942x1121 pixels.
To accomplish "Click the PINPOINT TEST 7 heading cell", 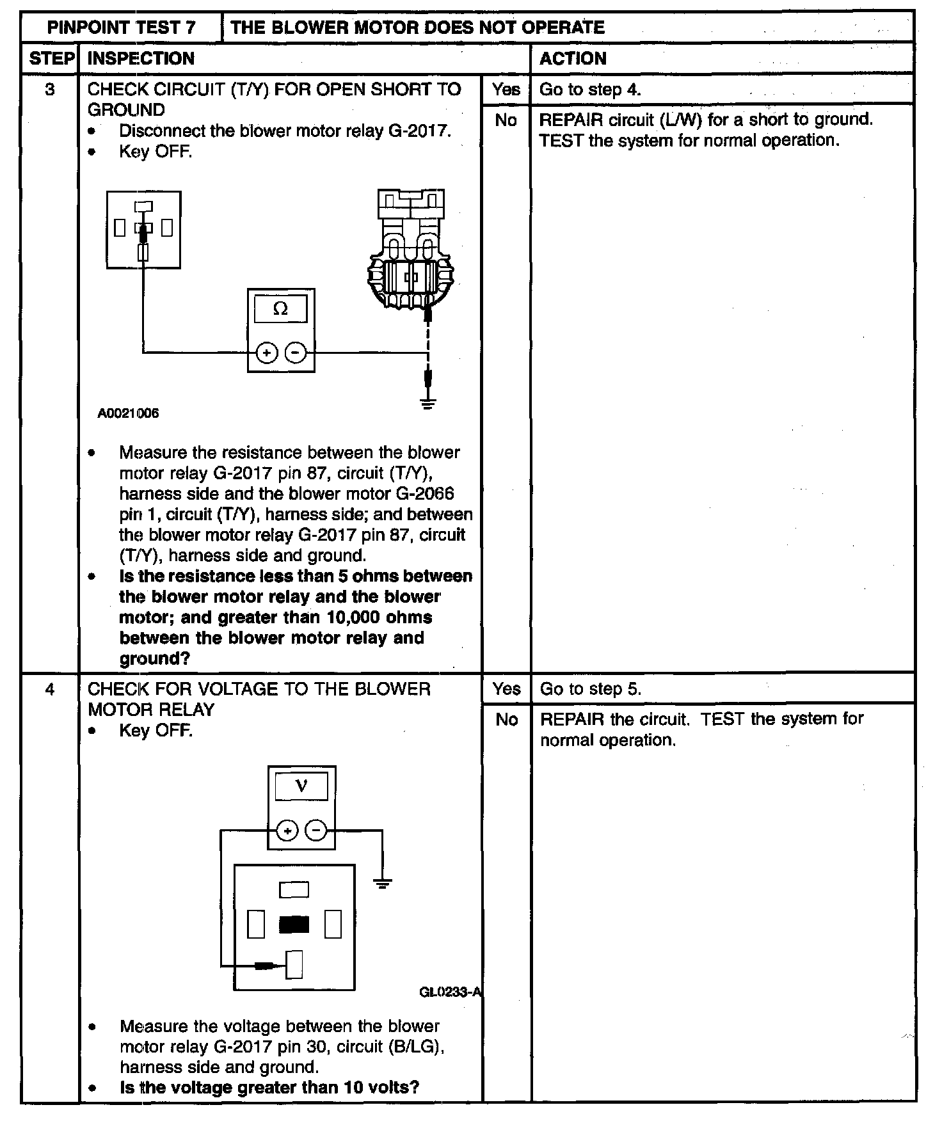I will click(x=122, y=28).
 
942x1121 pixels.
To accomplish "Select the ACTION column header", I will click(x=573, y=58).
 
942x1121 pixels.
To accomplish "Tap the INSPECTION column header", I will click(x=141, y=58).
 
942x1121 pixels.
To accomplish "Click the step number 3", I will click(x=50, y=89).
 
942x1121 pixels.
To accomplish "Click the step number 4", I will click(x=50, y=689).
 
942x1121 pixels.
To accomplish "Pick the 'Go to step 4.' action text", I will click(x=589, y=89).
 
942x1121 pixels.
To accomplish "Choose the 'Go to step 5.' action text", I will click(x=590, y=689).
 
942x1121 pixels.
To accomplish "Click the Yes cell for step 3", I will click(x=506, y=89).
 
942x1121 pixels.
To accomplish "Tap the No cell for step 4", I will click(x=506, y=720).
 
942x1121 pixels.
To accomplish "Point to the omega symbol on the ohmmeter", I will click(x=280, y=310).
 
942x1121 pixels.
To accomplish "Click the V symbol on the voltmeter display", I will click(x=301, y=786).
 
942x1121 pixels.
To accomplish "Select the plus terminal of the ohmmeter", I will click(x=267, y=353).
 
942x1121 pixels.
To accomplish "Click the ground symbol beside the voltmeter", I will click(x=382, y=884).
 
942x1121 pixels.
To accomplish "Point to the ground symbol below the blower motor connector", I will click(x=428, y=403).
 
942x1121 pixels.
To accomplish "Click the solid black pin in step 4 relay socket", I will click(x=294, y=925).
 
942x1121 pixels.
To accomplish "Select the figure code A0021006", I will click(x=128, y=413).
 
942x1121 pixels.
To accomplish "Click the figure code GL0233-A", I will click(x=450, y=992).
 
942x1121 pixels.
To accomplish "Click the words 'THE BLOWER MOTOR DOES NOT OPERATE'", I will click(x=417, y=28).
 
